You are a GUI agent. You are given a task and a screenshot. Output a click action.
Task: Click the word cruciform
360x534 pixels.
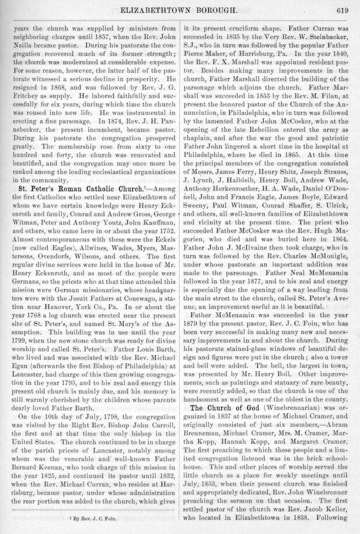click(254, 27)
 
